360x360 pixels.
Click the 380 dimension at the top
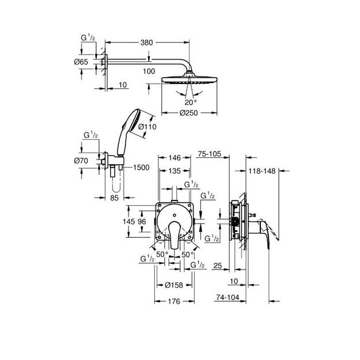point(146,43)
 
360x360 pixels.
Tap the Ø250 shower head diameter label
point(188,113)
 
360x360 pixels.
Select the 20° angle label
point(191,102)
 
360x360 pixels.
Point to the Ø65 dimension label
point(81,62)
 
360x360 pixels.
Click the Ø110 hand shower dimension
point(147,127)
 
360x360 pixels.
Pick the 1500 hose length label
point(141,168)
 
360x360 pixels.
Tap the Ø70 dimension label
point(81,161)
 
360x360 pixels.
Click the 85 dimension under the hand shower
point(114,198)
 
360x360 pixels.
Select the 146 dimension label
point(175,158)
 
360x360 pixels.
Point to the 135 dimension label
point(175,171)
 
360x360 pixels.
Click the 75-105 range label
point(210,154)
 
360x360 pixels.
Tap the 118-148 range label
point(262,171)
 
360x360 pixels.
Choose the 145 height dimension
point(128,221)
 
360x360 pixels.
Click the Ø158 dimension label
point(174,285)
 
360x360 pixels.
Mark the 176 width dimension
point(174,301)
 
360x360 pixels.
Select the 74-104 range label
point(228,297)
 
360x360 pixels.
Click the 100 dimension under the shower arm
point(149,71)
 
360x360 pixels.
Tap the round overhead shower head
point(189,79)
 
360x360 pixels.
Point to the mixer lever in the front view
point(175,234)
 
